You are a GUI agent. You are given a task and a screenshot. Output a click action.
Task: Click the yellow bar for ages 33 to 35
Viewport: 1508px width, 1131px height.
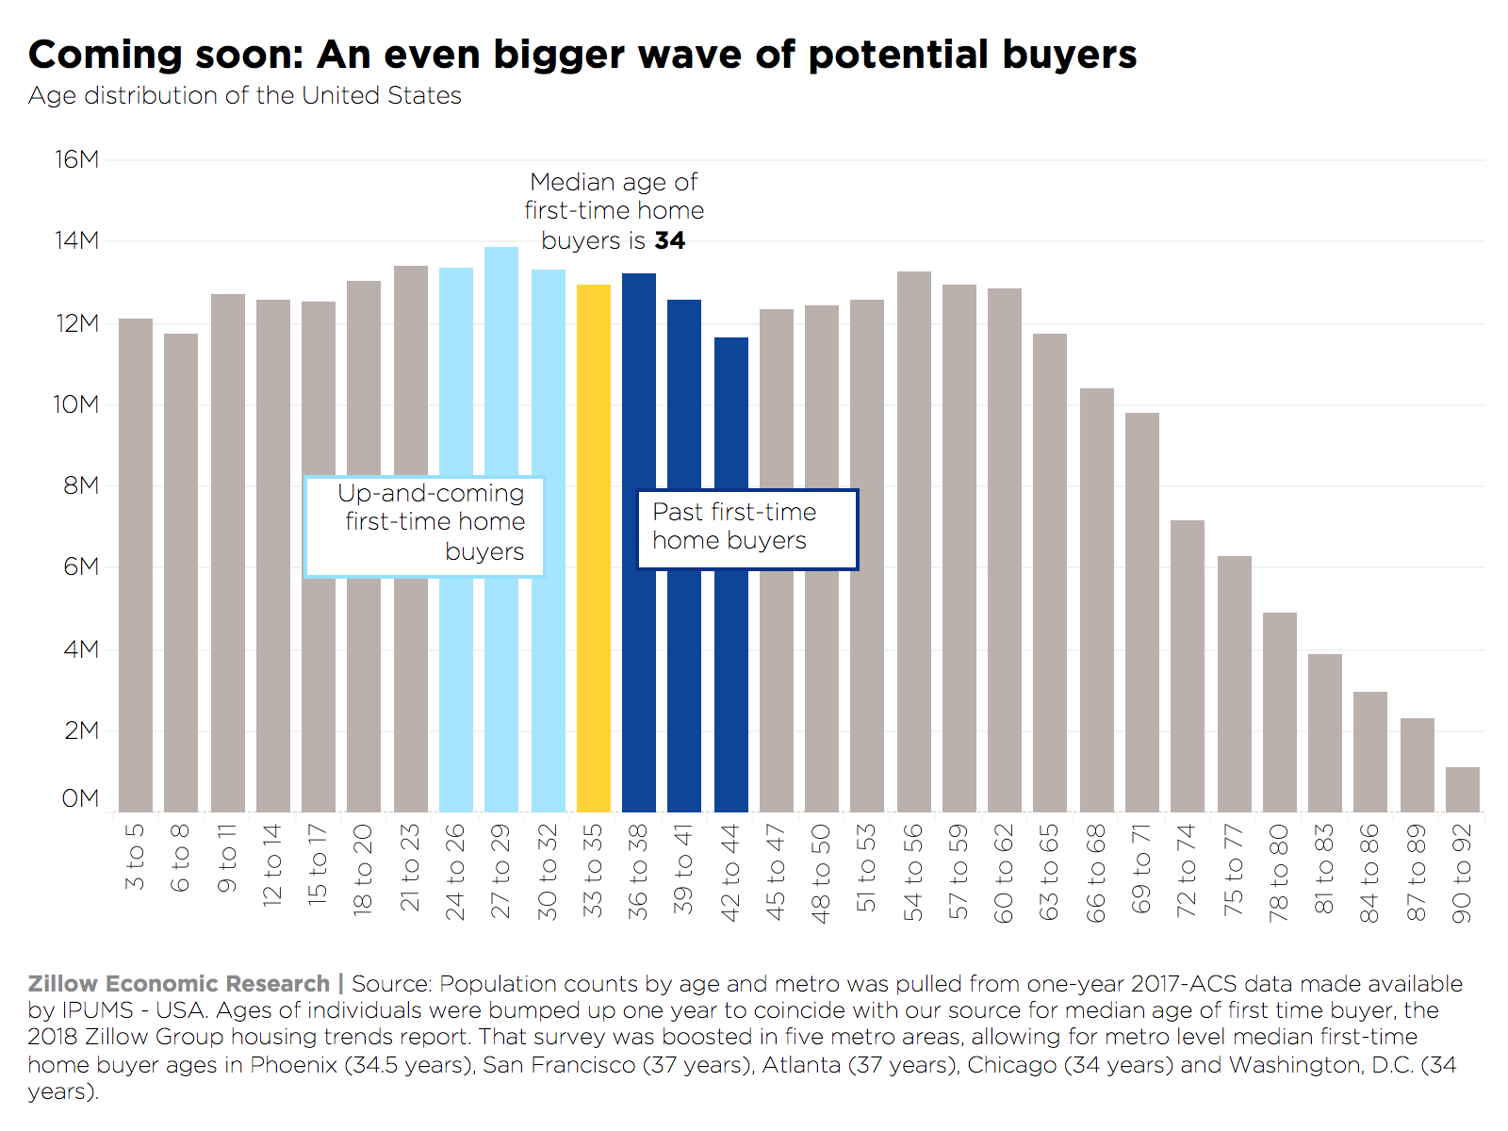593,547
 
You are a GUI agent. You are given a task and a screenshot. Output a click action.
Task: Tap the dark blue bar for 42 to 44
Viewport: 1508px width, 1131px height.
730,660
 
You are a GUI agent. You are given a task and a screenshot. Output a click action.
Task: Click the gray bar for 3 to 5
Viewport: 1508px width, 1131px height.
136,565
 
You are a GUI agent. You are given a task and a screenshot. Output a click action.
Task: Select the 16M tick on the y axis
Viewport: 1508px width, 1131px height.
77,159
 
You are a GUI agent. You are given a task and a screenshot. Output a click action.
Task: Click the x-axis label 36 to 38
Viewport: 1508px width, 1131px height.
638,872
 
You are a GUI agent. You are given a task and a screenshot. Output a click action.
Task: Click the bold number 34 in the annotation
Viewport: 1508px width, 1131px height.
669,240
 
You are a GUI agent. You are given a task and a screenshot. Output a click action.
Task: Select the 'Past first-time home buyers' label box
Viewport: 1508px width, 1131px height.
747,529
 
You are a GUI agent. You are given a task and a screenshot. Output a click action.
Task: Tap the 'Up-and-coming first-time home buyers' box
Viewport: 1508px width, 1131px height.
425,526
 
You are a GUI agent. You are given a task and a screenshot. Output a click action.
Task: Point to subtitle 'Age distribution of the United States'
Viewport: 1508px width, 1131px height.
244,96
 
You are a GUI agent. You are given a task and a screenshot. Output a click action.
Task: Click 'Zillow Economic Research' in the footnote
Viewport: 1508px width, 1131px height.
179,984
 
